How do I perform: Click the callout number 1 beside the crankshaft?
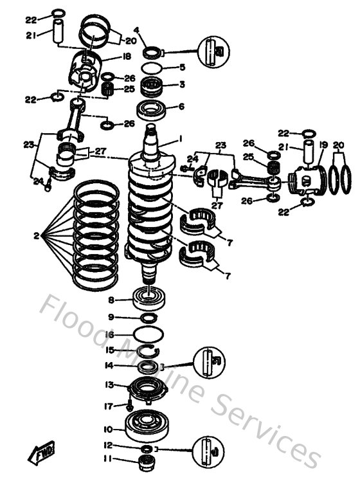181,138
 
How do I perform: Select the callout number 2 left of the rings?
37,236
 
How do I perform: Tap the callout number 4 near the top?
136,30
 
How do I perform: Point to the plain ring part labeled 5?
152,68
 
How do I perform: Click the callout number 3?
183,84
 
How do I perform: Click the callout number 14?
110,365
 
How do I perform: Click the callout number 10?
110,429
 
